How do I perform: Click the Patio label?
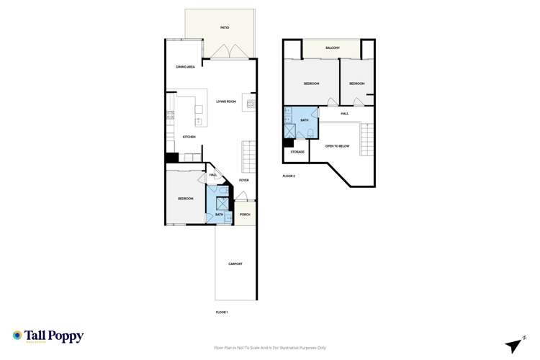coord(225,28)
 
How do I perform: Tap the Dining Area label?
coord(186,67)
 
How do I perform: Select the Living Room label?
coord(226,102)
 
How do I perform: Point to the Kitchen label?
coord(189,137)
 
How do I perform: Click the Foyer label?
coord(244,180)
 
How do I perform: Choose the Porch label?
coord(245,215)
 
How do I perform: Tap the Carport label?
coord(235,264)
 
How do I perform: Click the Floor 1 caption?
coord(222,312)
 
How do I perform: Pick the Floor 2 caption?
coord(289,176)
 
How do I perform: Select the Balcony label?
coord(332,48)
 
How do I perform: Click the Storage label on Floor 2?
coord(297,152)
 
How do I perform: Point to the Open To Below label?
coord(337,146)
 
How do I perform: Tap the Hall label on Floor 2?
coord(345,114)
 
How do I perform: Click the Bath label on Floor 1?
coord(219,215)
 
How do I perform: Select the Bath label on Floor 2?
coord(305,120)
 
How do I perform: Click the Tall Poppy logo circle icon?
coord(17,336)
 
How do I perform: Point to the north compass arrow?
coord(513,345)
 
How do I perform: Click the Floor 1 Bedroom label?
coord(186,199)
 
